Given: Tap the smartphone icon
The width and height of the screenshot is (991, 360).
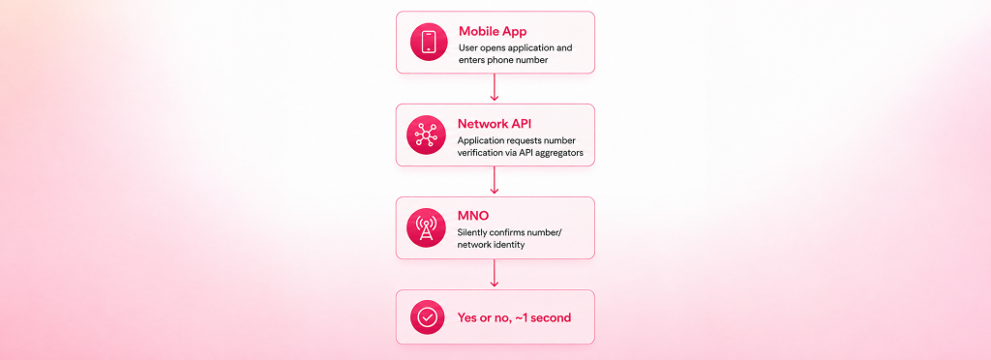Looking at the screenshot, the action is click(x=429, y=42).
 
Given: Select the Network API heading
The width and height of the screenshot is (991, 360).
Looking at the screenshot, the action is click(x=495, y=124).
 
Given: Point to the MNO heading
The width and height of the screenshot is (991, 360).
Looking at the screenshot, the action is click(x=472, y=217).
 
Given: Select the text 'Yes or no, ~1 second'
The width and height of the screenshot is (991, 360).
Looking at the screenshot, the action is click(x=514, y=317).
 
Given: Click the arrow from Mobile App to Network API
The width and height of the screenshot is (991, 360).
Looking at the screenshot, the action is click(x=495, y=87).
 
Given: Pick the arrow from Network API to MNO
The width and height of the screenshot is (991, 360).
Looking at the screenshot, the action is click(x=495, y=180).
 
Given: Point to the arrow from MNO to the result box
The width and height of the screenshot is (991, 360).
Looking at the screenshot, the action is click(x=495, y=273).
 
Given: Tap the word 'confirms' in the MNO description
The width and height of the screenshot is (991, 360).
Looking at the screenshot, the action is click(x=507, y=232).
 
